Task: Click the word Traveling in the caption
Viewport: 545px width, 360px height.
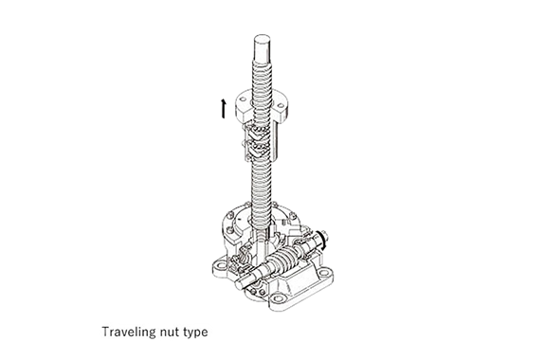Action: [x=129, y=332]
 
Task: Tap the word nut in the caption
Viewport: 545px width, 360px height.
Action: [x=171, y=333]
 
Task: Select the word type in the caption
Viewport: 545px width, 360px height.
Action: [x=196, y=333]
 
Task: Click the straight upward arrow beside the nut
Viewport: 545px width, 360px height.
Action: [x=223, y=108]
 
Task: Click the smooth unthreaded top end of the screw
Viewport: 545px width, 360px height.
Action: [x=262, y=47]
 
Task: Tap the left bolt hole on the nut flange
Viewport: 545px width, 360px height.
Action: [x=243, y=99]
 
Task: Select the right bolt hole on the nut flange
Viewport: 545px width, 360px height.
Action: [x=281, y=105]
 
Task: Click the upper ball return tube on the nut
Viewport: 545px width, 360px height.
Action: [x=256, y=131]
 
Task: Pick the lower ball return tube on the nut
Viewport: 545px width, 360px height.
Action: [x=256, y=149]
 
